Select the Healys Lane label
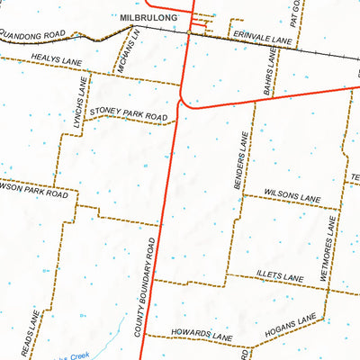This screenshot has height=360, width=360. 57,61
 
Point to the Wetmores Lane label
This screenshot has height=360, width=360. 330,254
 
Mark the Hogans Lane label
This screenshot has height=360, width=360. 290,331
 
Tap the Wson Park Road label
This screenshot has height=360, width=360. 33,192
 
